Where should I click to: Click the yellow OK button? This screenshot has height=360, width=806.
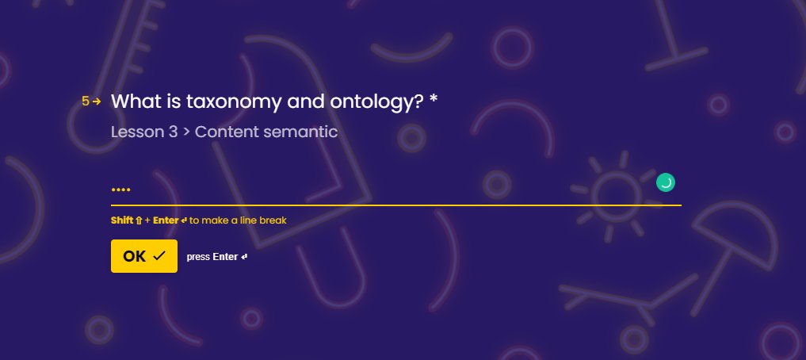[143, 256]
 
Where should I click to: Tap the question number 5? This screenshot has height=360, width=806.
[86, 101]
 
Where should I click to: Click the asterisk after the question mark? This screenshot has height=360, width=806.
[433, 100]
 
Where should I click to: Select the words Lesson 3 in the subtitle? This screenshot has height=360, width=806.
[144, 132]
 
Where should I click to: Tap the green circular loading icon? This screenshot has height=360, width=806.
[666, 183]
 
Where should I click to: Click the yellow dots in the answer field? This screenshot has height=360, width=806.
[120, 190]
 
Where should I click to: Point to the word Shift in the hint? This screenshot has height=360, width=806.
[122, 220]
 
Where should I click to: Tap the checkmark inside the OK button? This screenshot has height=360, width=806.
[159, 256]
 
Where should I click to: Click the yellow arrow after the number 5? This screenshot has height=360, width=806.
[97, 101]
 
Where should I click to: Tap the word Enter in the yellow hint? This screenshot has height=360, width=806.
[166, 220]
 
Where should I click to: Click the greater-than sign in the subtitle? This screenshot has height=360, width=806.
[186, 132]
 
